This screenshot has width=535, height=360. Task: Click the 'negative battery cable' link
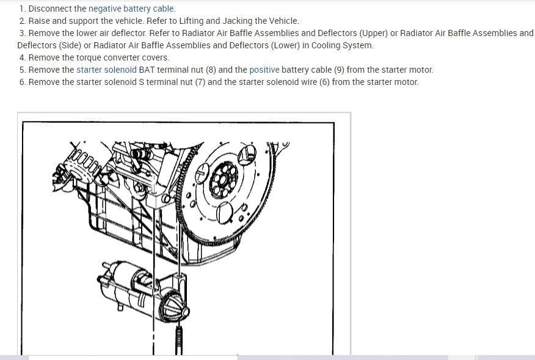(131, 9)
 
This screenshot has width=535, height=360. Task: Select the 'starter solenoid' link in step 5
(106, 70)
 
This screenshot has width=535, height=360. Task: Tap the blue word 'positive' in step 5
(264, 70)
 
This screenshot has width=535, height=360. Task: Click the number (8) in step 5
(211, 70)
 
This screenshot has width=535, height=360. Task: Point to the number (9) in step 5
(339, 70)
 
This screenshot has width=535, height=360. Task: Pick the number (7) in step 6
(200, 82)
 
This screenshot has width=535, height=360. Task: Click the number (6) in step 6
(324, 82)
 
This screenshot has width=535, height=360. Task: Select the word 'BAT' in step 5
(147, 70)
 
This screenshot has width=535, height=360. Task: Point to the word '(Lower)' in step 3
(285, 45)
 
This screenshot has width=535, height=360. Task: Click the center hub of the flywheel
(224, 179)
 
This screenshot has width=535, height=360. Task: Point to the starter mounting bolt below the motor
(178, 340)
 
